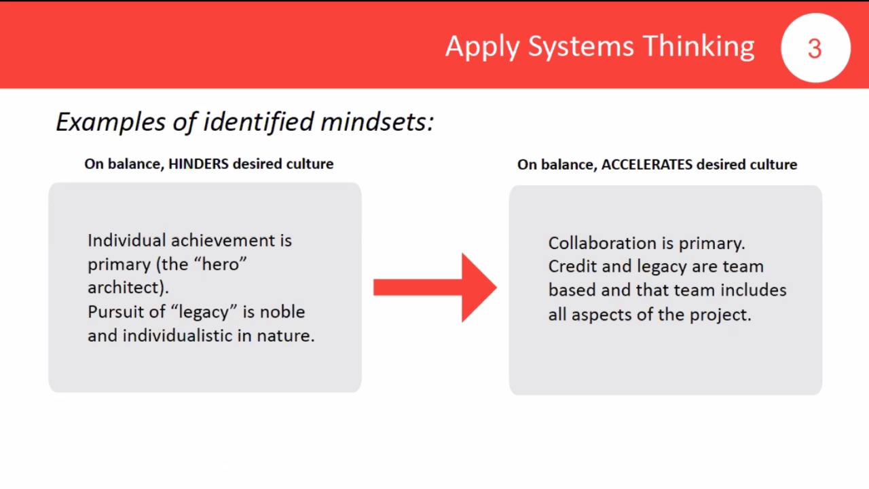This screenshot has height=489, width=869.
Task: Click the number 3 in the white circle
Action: [815, 49]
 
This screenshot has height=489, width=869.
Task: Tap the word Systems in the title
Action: [580, 47]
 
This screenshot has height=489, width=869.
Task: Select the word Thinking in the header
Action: [699, 46]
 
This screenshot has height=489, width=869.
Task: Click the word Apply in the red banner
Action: [482, 47]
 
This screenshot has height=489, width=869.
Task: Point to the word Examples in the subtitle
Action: [111, 123]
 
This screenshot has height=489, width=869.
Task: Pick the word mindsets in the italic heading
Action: [377, 121]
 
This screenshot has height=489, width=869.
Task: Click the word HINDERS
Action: [198, 164]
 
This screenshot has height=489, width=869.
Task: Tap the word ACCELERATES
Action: [647, 165]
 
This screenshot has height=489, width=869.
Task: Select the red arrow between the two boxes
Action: [435, 288]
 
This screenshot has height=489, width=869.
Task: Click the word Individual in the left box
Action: [127, 241]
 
